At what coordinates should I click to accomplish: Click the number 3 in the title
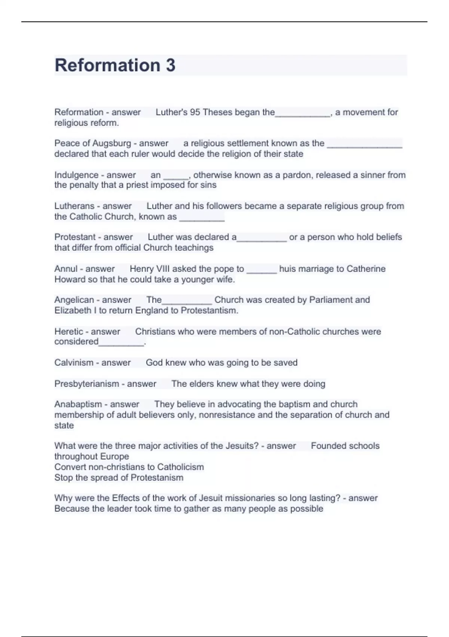tap(170, 65)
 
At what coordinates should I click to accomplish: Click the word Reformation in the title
tap(107, 65)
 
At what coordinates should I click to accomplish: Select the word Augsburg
tap(112, 143)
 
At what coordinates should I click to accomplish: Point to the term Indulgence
tap(76, 175)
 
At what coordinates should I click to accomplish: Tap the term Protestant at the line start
tap(75, 237)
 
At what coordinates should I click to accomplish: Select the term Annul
tap(65, 269)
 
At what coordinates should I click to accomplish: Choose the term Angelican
tap(74, 300)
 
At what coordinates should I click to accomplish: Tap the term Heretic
tap(68, 331)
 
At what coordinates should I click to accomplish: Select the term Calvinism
tap(74, 363)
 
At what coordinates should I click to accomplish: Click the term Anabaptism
tap(78, 404)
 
